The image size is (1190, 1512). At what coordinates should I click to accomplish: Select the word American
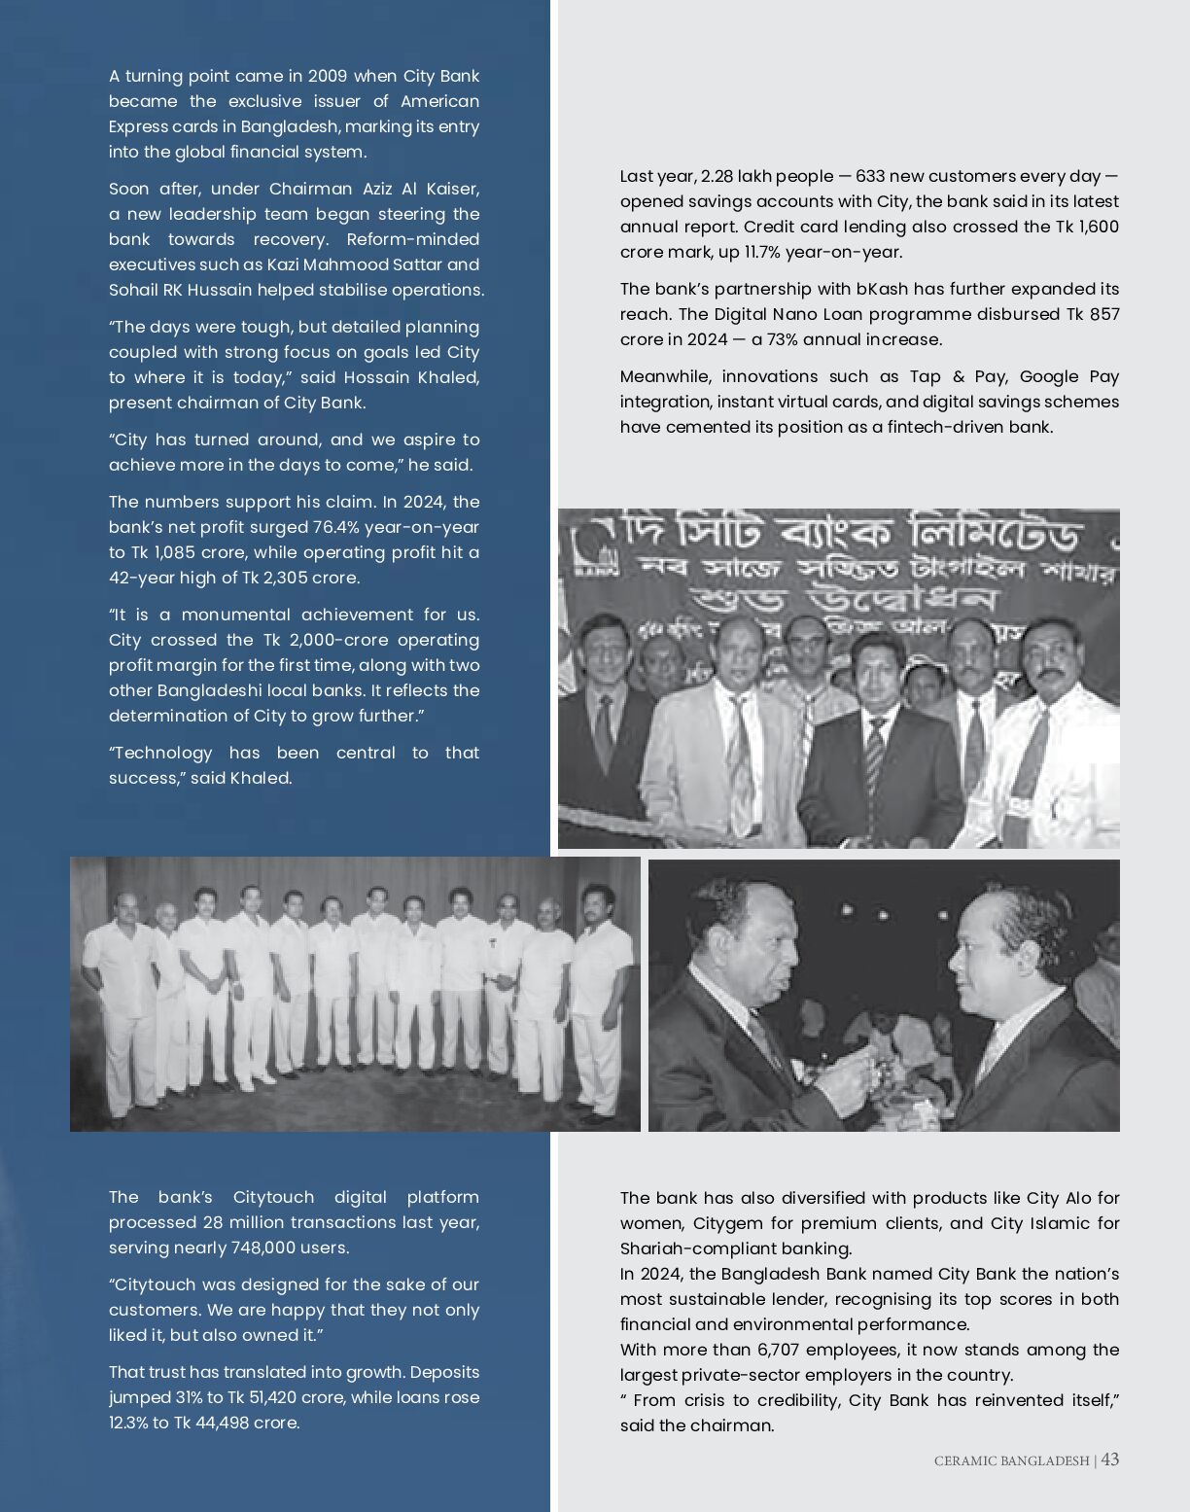(x=439, y=101)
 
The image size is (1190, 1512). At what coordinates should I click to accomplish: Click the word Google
(x=1052, y=376)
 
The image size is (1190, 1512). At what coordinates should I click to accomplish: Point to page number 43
(x=1110, y=1459)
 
